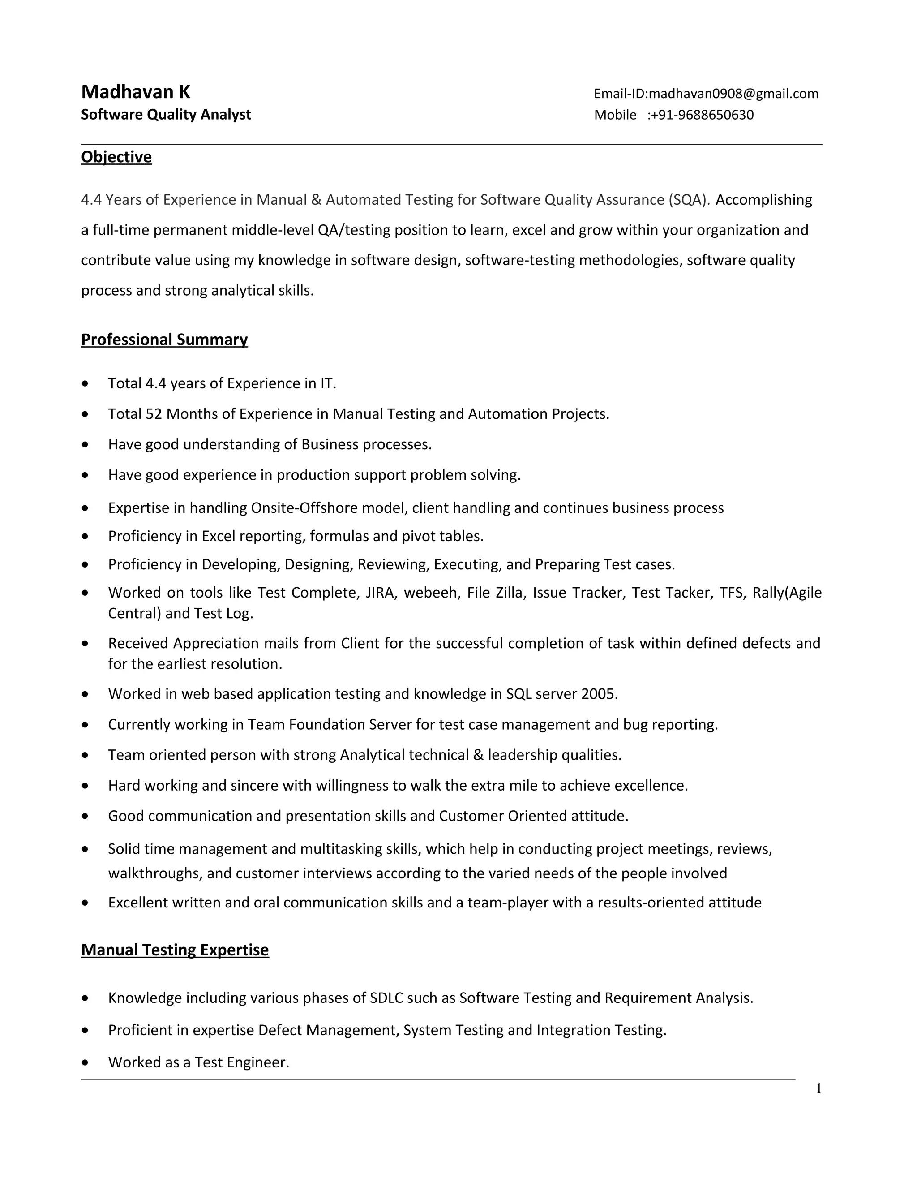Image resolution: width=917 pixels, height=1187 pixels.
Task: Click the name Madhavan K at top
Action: coord(135,92)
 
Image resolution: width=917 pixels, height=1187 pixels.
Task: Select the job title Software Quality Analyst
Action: coord(166,115)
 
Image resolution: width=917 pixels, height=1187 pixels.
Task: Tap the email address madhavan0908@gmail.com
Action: coord(733,94)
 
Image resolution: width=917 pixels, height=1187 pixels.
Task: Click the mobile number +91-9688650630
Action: coord(701,115)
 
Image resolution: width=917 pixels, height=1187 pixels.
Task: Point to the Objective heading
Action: coord(116,157)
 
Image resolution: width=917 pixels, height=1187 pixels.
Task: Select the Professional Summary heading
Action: coord(164,340)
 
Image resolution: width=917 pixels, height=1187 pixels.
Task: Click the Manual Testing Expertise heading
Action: coord(175,950)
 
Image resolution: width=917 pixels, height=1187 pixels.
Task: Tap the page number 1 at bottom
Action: coord(818,1088)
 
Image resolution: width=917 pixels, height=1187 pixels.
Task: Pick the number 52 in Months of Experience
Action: coord(154,414)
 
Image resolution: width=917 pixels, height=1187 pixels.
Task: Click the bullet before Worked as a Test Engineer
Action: coord(85,1062)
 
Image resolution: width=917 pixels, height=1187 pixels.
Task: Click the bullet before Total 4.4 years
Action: coord(85,384)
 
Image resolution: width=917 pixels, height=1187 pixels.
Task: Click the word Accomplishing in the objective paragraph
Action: coord(763,200)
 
